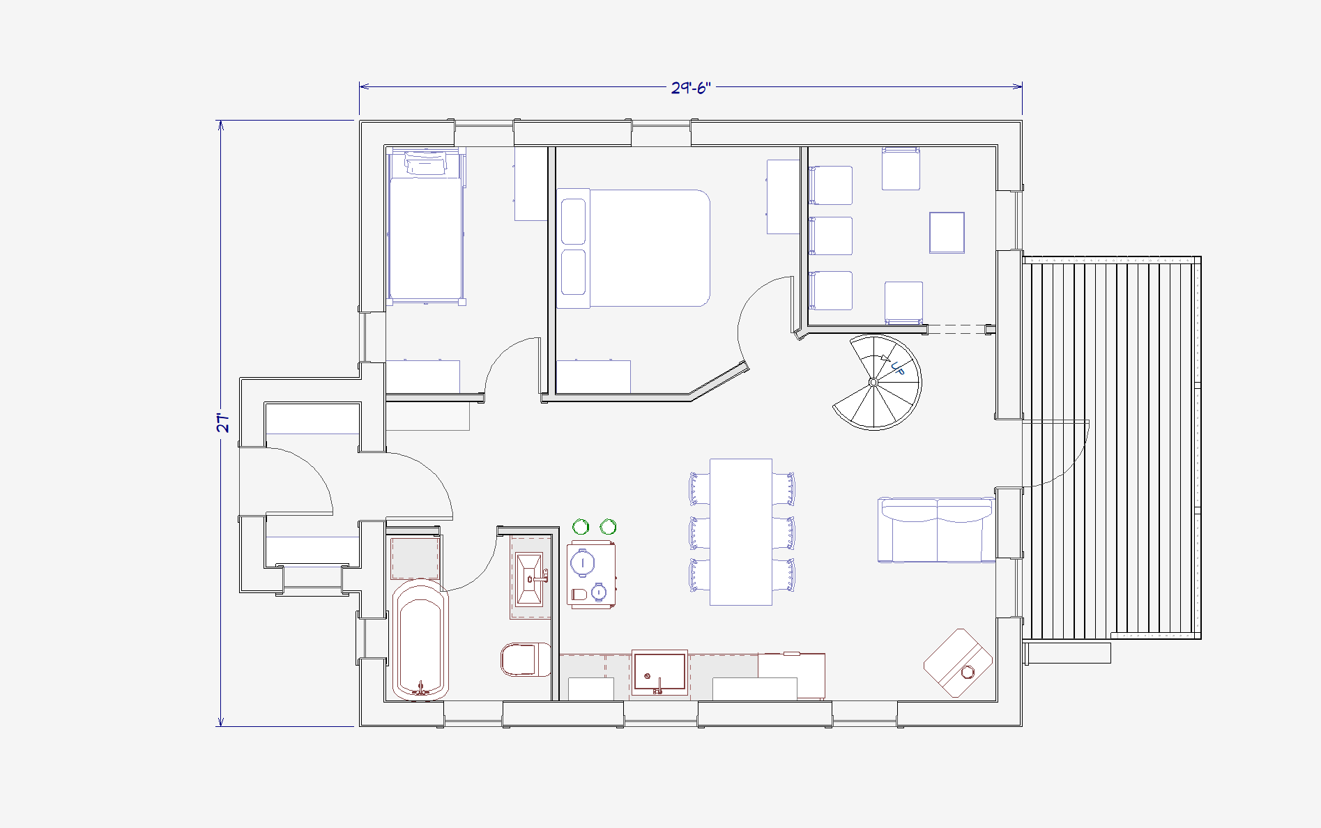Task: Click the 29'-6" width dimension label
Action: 690,88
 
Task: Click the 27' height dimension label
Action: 223,423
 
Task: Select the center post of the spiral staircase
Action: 873,382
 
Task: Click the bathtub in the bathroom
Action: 420,638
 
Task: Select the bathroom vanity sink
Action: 530,579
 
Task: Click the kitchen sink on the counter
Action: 659,672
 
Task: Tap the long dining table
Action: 741,532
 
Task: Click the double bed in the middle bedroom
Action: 634,248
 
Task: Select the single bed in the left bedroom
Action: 426,227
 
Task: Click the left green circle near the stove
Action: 581,527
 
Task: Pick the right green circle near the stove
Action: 609,526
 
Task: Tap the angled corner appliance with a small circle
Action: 958,662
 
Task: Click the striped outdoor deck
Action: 1112,447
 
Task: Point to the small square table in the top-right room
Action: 947,233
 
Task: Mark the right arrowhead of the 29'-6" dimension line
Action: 1018,86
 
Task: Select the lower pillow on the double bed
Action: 573,272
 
